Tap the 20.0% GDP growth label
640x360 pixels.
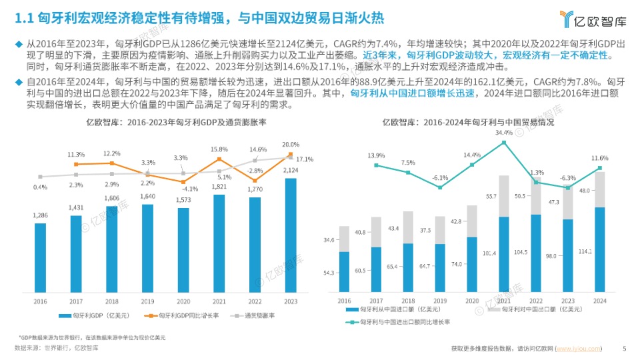[x=290, y=145]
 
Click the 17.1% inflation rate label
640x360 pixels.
[x=305, y=159]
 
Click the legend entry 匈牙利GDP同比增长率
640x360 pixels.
[x=184, y=315]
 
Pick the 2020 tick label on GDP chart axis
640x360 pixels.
[x=183, y=301]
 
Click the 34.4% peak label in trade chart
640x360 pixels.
[x=504, y=133]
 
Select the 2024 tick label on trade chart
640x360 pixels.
[x=600, y=301]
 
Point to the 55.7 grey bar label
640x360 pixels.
[x=491, y=196]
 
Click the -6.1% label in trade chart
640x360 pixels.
[x=439, y=178]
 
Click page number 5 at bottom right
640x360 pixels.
[x=624, y=348]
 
